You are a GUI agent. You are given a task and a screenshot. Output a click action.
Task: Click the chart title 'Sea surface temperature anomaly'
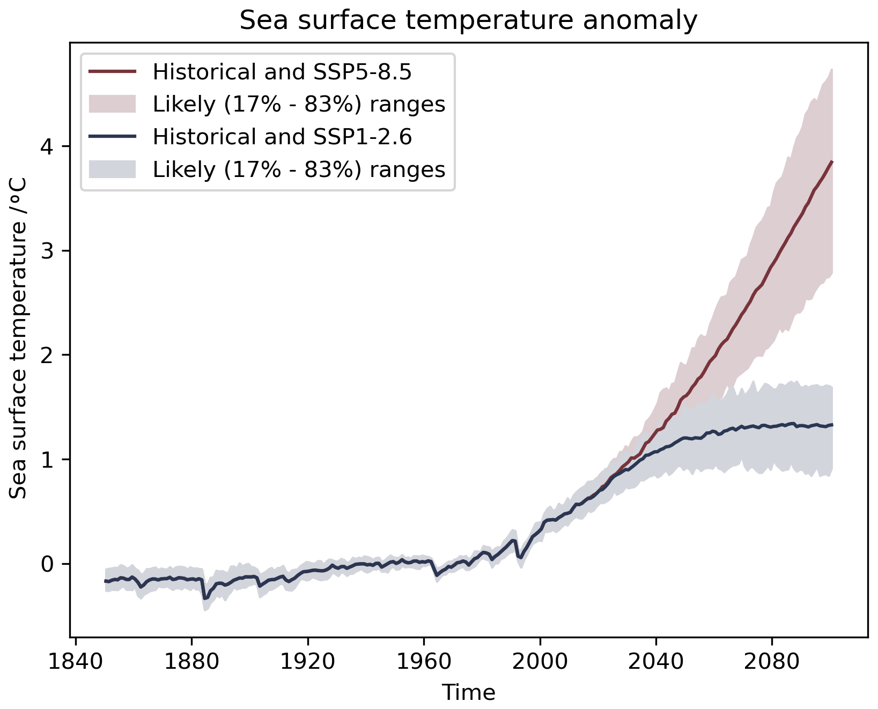pyautogui.click(x=468, y=21)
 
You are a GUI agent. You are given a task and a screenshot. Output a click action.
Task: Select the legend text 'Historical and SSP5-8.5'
pyautogui.click(x=282, y=72)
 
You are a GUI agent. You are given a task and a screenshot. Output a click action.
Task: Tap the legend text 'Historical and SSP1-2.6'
pyautogui.click(x=282, y=137)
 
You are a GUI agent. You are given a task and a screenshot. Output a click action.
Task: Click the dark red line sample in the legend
pyautogui.click(x=113, y=71)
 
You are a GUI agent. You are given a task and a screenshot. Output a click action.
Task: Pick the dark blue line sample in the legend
pyautogui.click(x=113, y=137)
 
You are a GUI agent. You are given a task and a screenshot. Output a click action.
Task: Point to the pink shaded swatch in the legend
pyautogui.click(x=113, y=104)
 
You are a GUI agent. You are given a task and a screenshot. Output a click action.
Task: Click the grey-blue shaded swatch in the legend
pyautogui.click(x=113, y=169)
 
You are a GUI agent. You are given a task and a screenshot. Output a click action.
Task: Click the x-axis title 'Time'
pyautogui.click(x=468, y=693)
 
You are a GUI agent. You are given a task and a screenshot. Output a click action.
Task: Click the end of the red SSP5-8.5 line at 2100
pyautogui.click(x=832, y=161)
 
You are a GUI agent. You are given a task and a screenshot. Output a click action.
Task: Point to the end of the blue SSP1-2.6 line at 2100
pyautogui.click(x=832, y=425)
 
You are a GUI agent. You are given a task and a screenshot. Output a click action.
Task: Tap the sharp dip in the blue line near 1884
pyautogui.click(x=204, y=599)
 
